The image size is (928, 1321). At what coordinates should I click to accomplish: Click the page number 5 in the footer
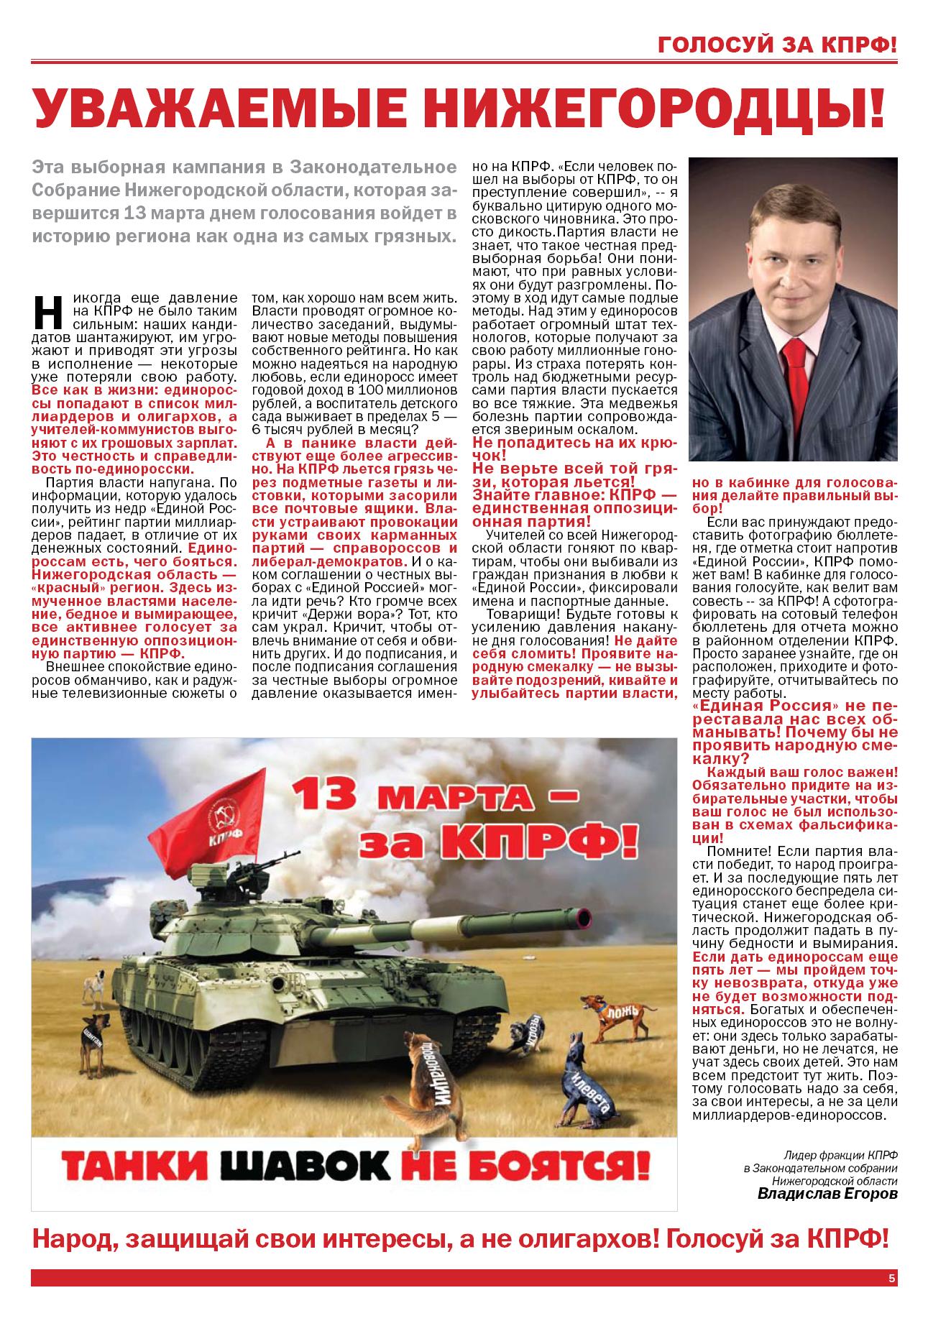pos(891,1278)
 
